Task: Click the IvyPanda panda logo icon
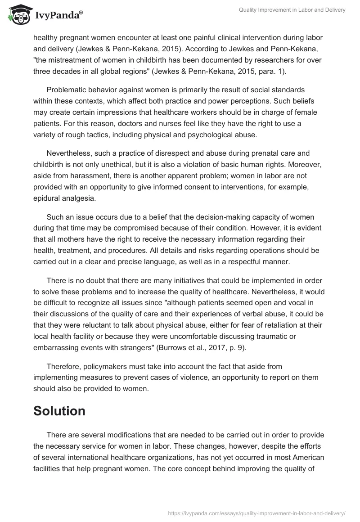(18, 14)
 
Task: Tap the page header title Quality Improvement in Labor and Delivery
(292, 10)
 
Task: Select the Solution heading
(59, 411)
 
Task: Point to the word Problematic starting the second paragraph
(67, 89)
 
